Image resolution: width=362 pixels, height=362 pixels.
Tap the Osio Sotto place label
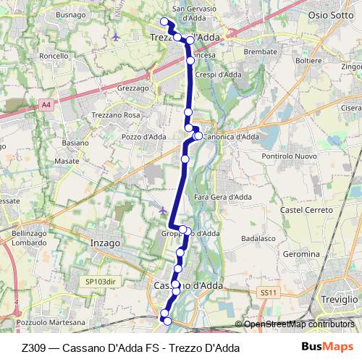point(332,14)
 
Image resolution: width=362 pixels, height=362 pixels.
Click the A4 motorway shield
point(46,104)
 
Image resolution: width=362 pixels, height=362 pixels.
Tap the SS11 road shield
point(268,292)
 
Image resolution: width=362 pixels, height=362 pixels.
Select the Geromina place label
point(300,254)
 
